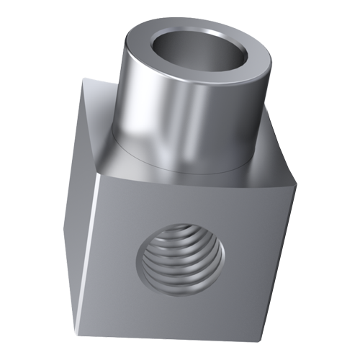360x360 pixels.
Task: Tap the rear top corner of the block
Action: pos(83,78)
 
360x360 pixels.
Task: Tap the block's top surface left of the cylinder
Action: pos(97,137)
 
